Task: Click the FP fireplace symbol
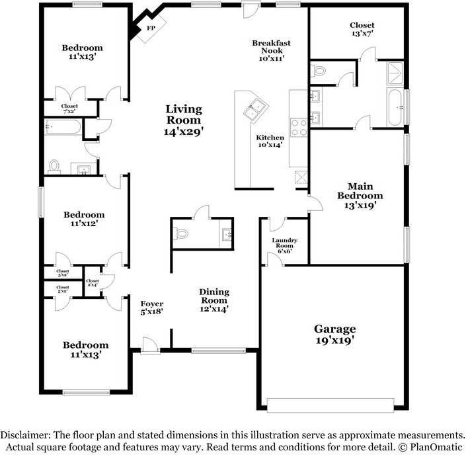151,28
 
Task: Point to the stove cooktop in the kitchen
299,126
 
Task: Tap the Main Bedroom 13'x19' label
360,195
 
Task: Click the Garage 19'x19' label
334,334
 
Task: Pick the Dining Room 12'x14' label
214,300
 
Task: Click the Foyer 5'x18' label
152,307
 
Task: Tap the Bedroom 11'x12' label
84,219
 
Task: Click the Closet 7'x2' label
69,108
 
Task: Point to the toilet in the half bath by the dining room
182,233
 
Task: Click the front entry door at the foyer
151,345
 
